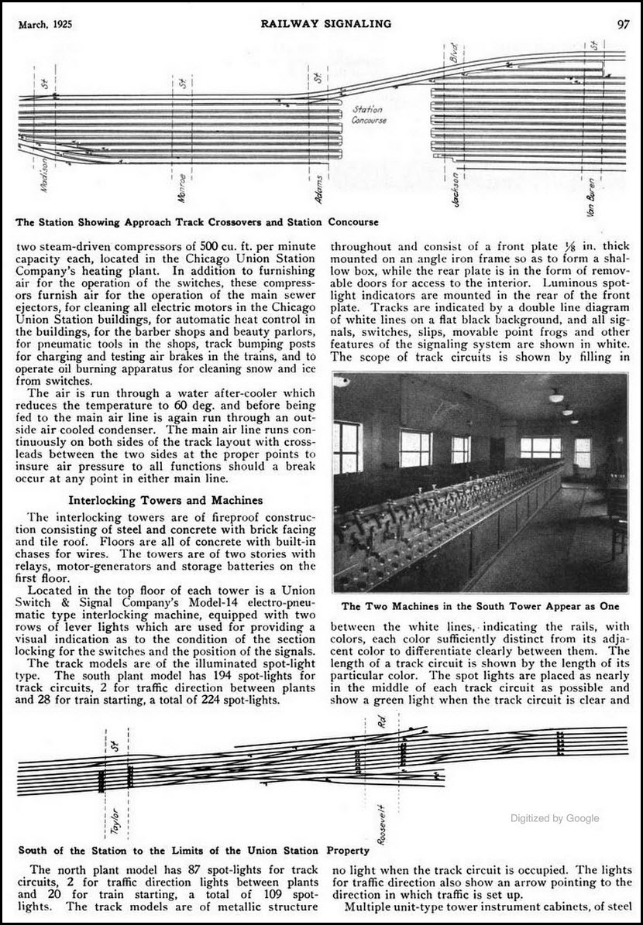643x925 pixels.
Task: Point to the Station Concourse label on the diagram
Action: (369, 115)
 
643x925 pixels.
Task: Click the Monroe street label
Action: (181, 187)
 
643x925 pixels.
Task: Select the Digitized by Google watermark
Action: (554, 818)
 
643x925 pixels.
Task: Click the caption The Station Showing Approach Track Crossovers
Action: (198, 223)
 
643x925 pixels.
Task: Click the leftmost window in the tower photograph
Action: (348, 447)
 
